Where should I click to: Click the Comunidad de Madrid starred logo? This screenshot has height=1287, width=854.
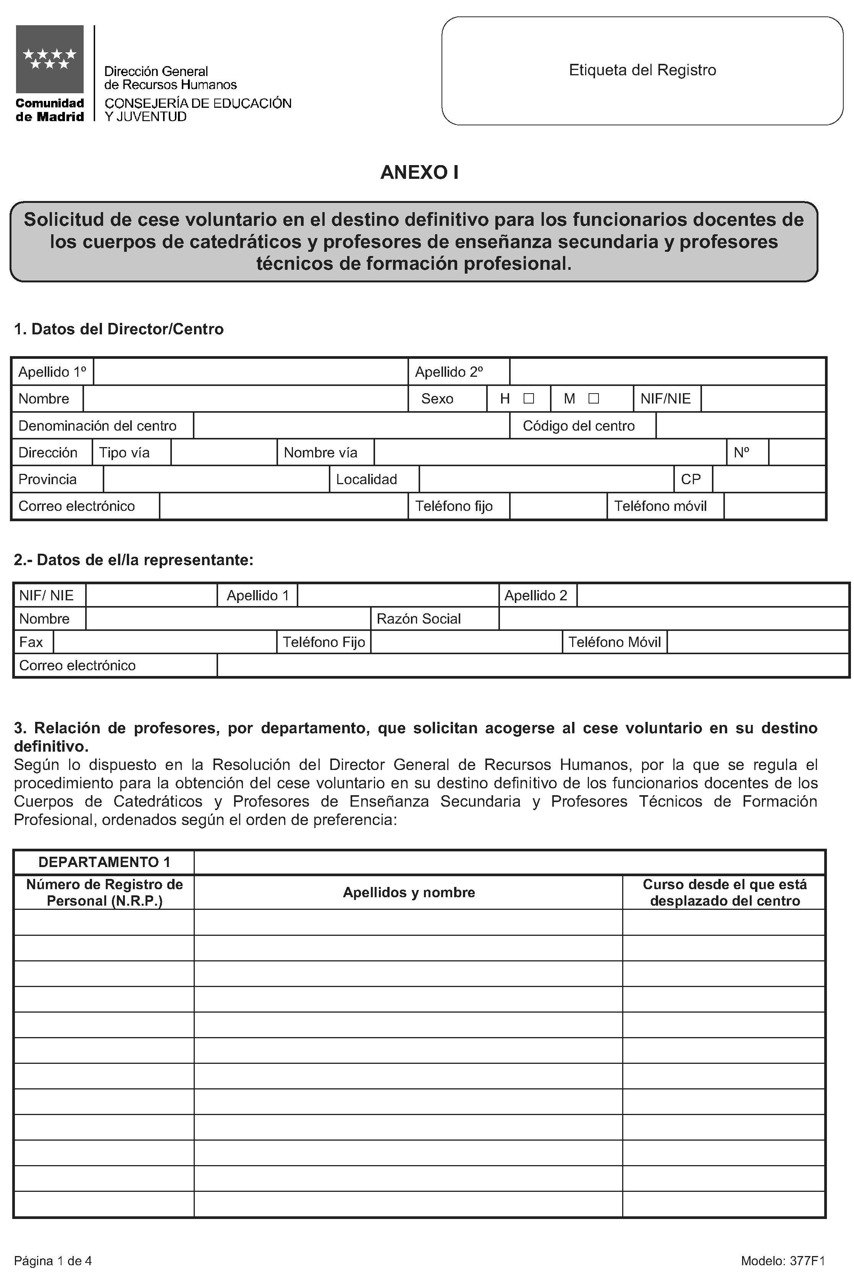click(x=50, y=59)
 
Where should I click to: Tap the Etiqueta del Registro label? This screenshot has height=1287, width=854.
click(x=642, y=70)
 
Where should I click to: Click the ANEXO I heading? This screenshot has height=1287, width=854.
click(x=419, y=172)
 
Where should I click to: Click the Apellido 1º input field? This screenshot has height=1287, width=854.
click(x=251, y=371)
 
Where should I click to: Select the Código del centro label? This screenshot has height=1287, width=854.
click(x=578, y=426)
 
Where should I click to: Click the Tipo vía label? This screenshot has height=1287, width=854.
click(x=124, y=452)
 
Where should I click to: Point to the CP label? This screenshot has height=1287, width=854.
click(x=691, y=479)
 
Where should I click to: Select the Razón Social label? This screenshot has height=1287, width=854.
click(x=418, y=618)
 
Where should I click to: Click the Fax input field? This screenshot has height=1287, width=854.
click(x=165, y=642)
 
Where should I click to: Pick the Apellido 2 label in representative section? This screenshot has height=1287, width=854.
click(x=535, y=595)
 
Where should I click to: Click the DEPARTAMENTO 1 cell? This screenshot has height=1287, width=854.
click(x=104, y=862)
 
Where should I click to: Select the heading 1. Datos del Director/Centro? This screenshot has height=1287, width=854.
click(x=119, y=329)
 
